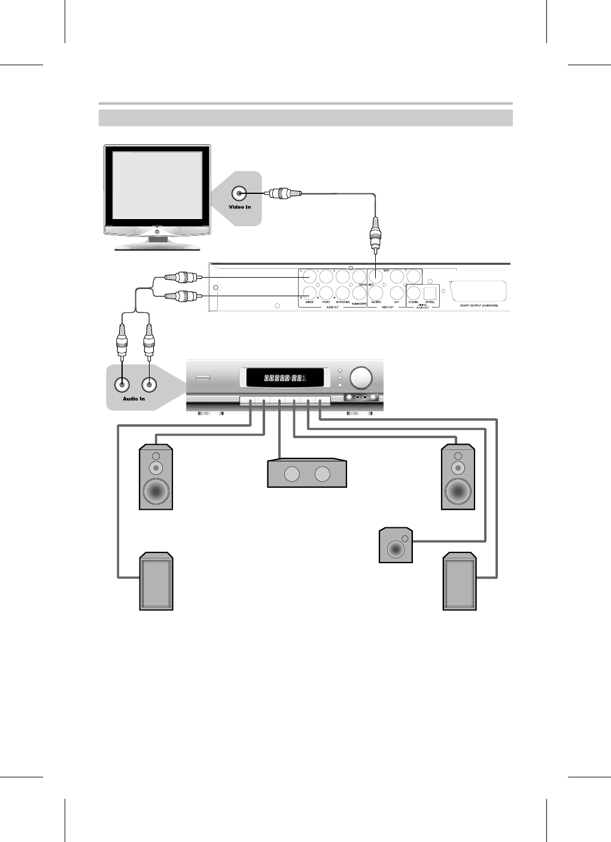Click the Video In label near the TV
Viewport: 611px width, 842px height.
click(240, 207)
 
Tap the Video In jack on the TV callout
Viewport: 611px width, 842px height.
click(240, 193)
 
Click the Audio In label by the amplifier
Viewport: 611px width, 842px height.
click(134, 399)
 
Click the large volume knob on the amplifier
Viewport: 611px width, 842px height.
click(361, 378)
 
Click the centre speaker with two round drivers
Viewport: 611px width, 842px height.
click(306, 474)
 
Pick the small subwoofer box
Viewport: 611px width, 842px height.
click(396, 545)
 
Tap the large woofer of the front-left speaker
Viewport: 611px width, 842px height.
click(156, 491)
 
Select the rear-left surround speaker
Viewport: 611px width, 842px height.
click(156, 582)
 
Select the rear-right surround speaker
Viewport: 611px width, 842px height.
click(460, 582)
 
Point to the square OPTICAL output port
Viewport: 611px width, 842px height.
click(430, 292)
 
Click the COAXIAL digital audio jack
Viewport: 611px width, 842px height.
click(414, 293)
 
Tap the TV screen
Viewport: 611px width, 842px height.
click(156, 185)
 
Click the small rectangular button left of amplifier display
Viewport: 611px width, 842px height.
click(202, 378)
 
